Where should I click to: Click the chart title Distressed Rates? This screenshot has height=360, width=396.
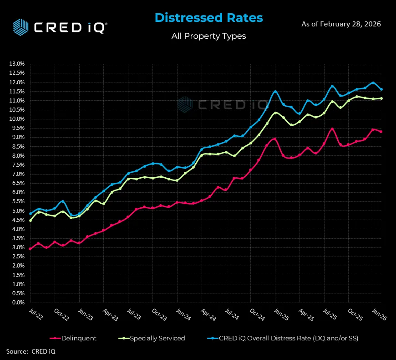click(208, 18)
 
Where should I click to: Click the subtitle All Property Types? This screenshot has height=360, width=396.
click(208, 36)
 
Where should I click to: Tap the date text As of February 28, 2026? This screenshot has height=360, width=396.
click(341, 24)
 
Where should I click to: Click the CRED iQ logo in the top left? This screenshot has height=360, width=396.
click(60, 26)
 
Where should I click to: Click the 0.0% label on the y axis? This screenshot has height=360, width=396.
click(17, 303)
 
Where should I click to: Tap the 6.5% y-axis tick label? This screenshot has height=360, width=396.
click(17, 183)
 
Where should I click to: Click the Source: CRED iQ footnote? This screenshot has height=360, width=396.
click(30, 351)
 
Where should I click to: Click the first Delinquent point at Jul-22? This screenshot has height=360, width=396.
click(30, 249)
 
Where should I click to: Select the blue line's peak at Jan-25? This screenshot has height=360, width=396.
click(275, 91)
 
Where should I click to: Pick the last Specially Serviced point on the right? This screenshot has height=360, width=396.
click(381, 98)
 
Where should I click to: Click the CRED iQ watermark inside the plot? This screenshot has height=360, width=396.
click(223, 104)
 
